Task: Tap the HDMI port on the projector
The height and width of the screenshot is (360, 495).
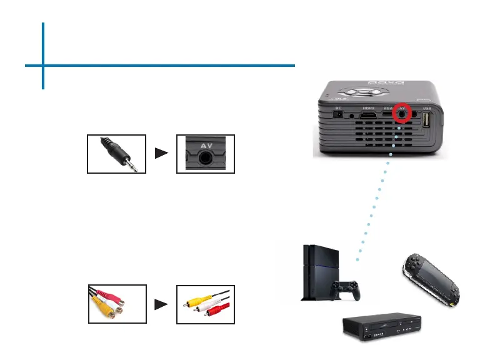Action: [x=369, y=116]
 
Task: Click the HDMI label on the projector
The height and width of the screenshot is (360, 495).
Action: [x=369, y=107]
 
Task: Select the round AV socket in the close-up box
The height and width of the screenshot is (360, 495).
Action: [x=206, y=159]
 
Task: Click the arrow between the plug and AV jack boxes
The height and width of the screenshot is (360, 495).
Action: [x=161, y=154]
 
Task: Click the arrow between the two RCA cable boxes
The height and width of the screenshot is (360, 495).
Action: [x=161, y=304]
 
